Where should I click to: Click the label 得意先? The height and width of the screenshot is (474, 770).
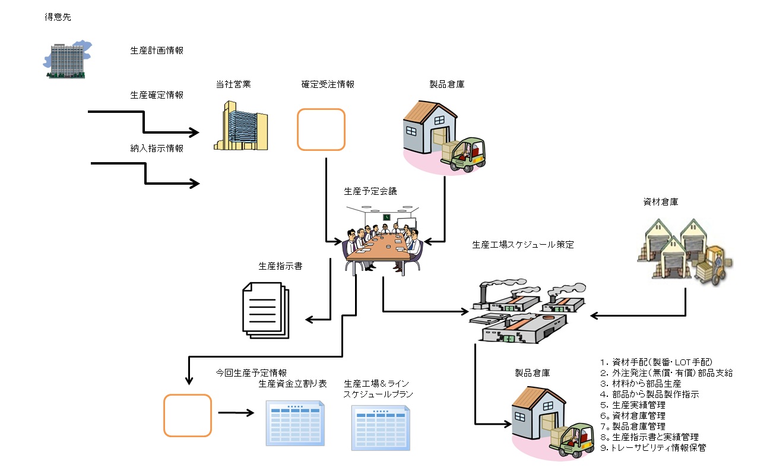[x=58, y=17]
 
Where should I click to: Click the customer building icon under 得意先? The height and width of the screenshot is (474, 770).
[x=66, y=60]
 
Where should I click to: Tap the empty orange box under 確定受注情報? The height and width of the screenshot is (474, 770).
[x=321, y=129]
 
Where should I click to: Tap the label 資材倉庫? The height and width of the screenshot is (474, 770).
[x=661, y=202]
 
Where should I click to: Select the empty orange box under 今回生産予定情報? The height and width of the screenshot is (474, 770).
[x=188, y=415]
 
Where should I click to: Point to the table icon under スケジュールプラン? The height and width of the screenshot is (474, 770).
[x=381, y=428]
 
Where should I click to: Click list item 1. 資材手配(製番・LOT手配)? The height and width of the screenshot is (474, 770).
[x=656, y=362]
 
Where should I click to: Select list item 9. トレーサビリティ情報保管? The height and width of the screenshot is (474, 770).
[x=653, y=448]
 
